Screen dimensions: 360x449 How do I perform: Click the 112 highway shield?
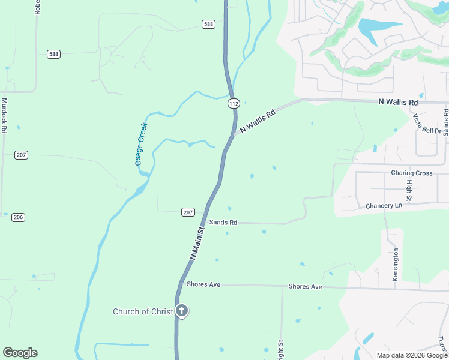coord(234,104)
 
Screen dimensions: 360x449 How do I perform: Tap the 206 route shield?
coord(18,217)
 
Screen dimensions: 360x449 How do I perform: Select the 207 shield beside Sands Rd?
coord(188,212)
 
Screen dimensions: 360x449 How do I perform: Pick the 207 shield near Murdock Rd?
coord(21,155)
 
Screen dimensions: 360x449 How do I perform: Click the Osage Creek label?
coord(141,144)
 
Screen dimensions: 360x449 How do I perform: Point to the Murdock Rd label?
coord(4,115)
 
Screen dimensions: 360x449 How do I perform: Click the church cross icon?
coord(182,311)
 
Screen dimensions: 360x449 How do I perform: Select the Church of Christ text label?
coord(143,311)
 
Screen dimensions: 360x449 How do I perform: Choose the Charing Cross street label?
coord(411,173)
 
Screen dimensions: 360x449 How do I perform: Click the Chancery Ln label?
coord(384,206)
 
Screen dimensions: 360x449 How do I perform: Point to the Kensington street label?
coord(396,263)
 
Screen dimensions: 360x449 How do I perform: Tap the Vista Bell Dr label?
coord(427,122)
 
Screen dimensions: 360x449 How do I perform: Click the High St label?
coord(409,189)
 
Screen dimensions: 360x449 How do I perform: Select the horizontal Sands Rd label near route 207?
coord(223,223)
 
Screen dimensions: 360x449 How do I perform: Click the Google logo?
coord(20,353)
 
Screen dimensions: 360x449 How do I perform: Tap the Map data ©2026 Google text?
coord(412,355)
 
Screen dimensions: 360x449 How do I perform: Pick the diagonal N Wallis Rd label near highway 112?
coord(257,121)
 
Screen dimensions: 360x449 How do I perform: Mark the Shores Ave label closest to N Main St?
coord(203,284)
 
